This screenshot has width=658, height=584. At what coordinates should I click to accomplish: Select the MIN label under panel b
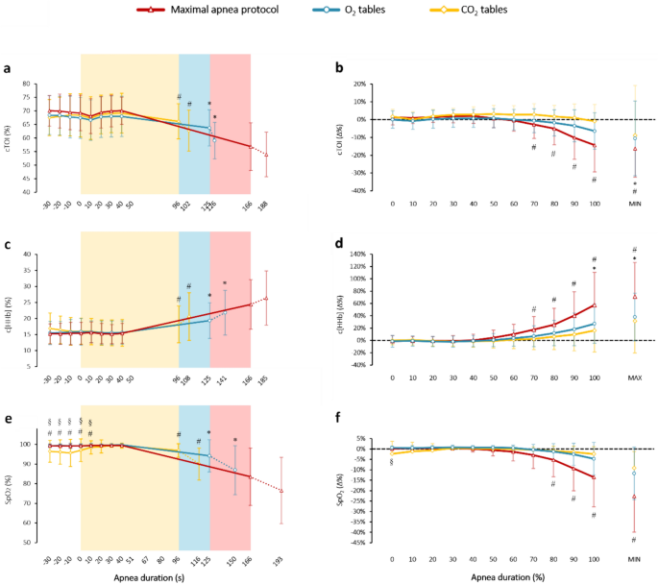(634, 204)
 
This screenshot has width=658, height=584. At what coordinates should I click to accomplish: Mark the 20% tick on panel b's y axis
(363, 84)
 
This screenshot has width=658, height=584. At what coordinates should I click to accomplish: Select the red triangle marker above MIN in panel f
(634, 497)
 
